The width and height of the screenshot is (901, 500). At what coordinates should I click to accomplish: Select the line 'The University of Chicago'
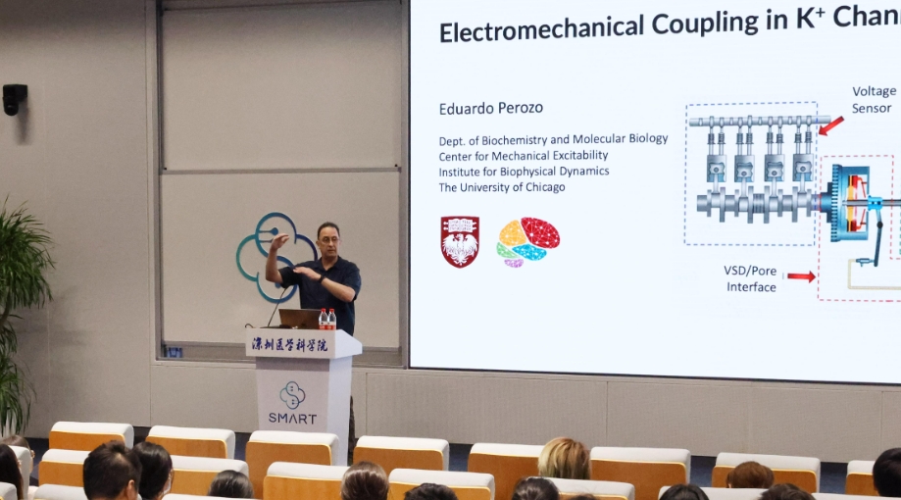501,187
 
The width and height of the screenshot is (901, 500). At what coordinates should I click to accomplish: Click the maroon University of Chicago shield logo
460,241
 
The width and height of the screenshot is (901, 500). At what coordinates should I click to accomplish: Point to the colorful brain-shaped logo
528,241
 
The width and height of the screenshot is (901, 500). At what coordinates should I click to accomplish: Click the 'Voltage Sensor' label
873,99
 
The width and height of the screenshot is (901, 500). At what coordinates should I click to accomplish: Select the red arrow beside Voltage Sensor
830,125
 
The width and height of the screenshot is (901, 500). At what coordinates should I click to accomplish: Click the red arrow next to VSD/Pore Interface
801,276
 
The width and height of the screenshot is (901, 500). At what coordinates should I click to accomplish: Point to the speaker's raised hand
279,241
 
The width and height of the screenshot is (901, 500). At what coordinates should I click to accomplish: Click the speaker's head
328,238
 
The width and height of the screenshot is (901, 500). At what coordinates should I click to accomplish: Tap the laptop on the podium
299,319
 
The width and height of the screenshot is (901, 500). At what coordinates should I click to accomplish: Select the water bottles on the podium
326,319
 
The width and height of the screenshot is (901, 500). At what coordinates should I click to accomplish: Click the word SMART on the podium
292,419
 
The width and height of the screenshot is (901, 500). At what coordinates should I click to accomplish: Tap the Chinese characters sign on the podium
291,344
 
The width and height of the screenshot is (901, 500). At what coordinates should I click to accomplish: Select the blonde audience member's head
564,458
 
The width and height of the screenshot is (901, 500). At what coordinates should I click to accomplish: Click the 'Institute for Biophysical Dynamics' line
524,172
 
